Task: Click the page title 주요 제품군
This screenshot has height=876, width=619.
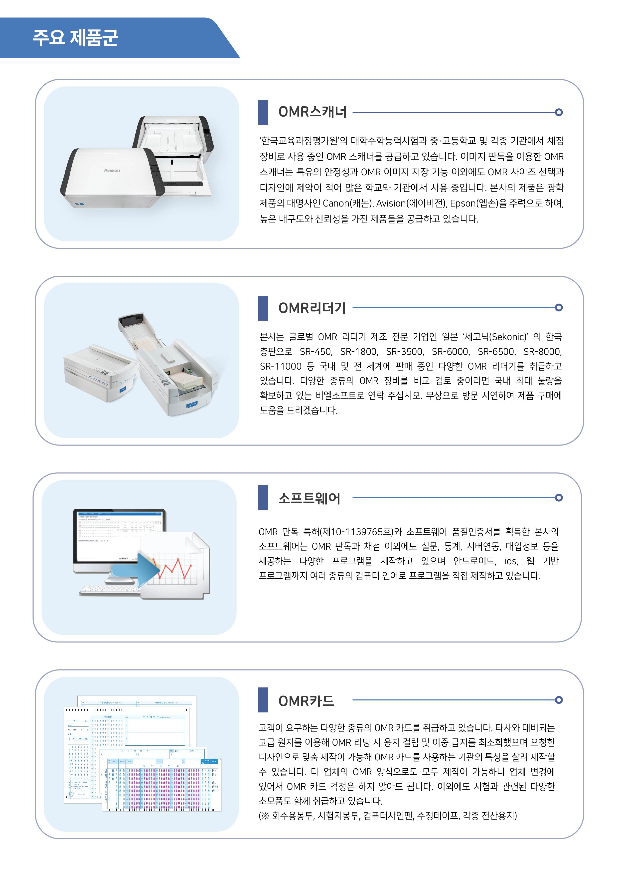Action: coord(76,38)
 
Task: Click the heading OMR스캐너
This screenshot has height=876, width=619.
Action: coord(312,112)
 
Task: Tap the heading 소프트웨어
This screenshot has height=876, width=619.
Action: coord(309,498)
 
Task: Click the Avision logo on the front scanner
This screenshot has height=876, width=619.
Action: coord(112,170)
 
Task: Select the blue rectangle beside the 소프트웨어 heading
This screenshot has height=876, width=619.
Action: coord(263,498)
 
